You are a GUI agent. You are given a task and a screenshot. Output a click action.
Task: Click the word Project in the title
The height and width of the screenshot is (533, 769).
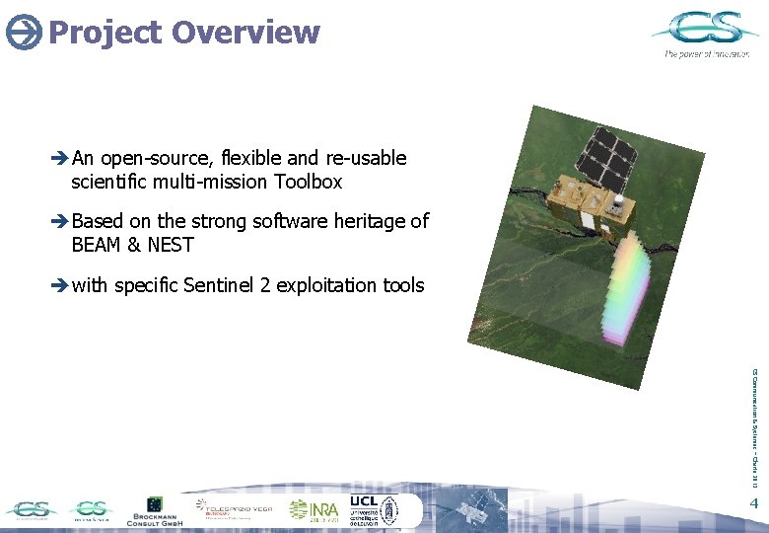click(104, 32)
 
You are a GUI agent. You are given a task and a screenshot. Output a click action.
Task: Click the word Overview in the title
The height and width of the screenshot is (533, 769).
click(245, 32)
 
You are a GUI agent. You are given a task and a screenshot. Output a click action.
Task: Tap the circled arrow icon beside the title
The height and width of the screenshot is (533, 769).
click(23, 34)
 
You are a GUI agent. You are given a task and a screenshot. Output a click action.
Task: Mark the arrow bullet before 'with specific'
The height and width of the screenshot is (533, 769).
click(59, 286)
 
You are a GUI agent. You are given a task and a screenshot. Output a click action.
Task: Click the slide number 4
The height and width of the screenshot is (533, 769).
click(753, 505)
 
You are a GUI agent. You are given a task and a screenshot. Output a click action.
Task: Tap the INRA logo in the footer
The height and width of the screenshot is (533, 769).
click(314, 509)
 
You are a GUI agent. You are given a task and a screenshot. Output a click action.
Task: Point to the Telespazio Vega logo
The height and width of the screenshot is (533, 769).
click(237, 510)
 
